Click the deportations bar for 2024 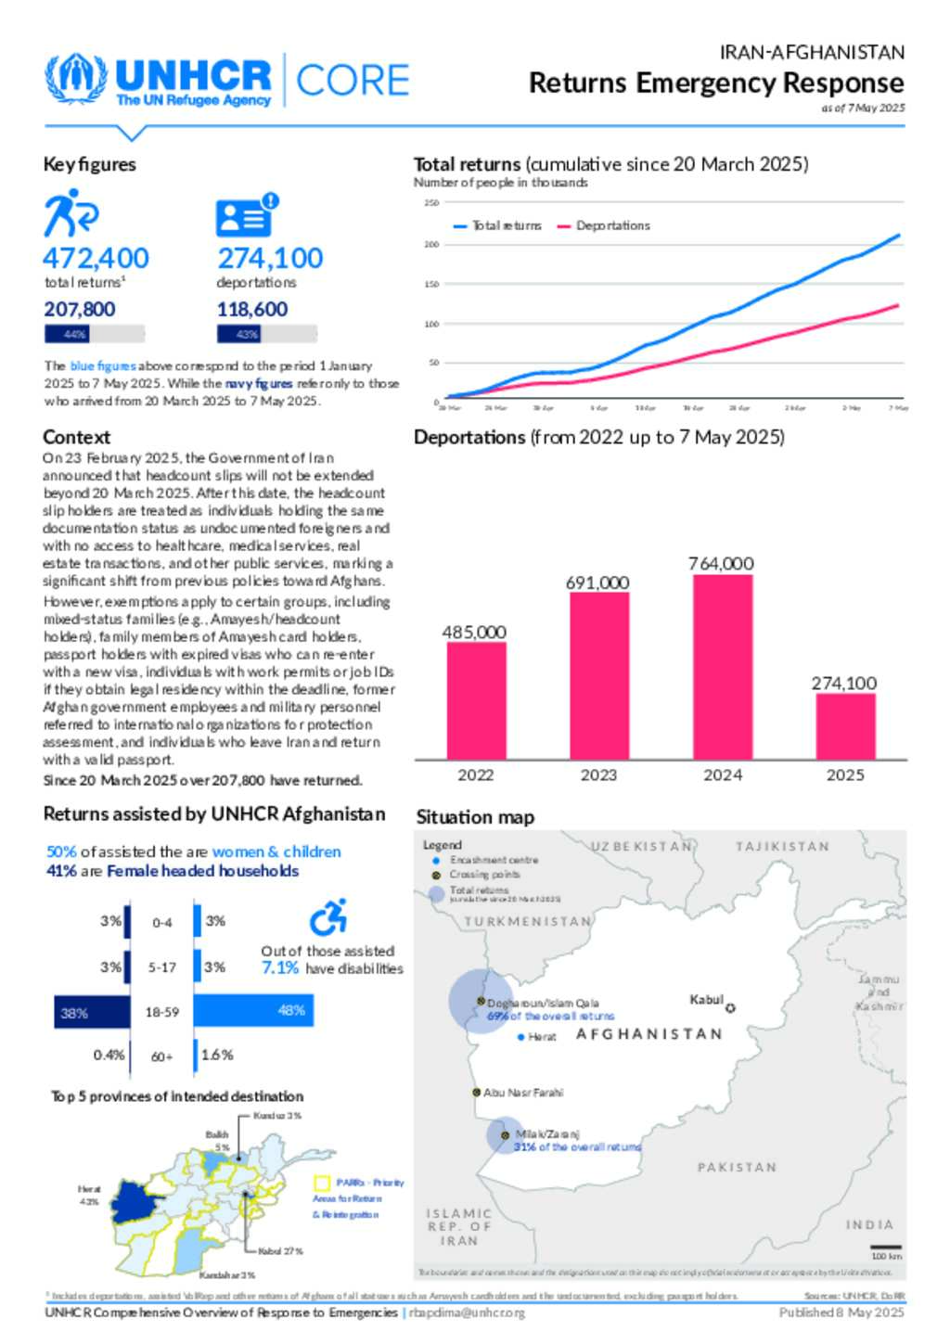[x=723, y=667]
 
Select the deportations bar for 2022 [x=476, y=700]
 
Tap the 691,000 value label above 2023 [x=597, y=582]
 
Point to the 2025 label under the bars [x=845, y=774]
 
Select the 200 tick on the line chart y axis [x=431, y=245]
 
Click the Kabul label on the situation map [x=706, y=999]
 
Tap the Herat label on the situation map [x=542, y=1037]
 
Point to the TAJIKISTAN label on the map [x=782, y=846]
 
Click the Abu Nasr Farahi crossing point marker [x=476, y=1093]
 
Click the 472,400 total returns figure [x=96, y=258]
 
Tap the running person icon [x=71, y=213]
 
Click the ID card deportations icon [x=245, y=217]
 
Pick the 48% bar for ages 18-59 [x=253, y=1010]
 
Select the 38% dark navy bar [x=92, y=1012]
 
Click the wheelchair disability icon [x=328, y=917]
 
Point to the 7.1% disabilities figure [x=280, y=968]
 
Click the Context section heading [x=76, y=437]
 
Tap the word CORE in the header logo [x=353, y=81]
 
